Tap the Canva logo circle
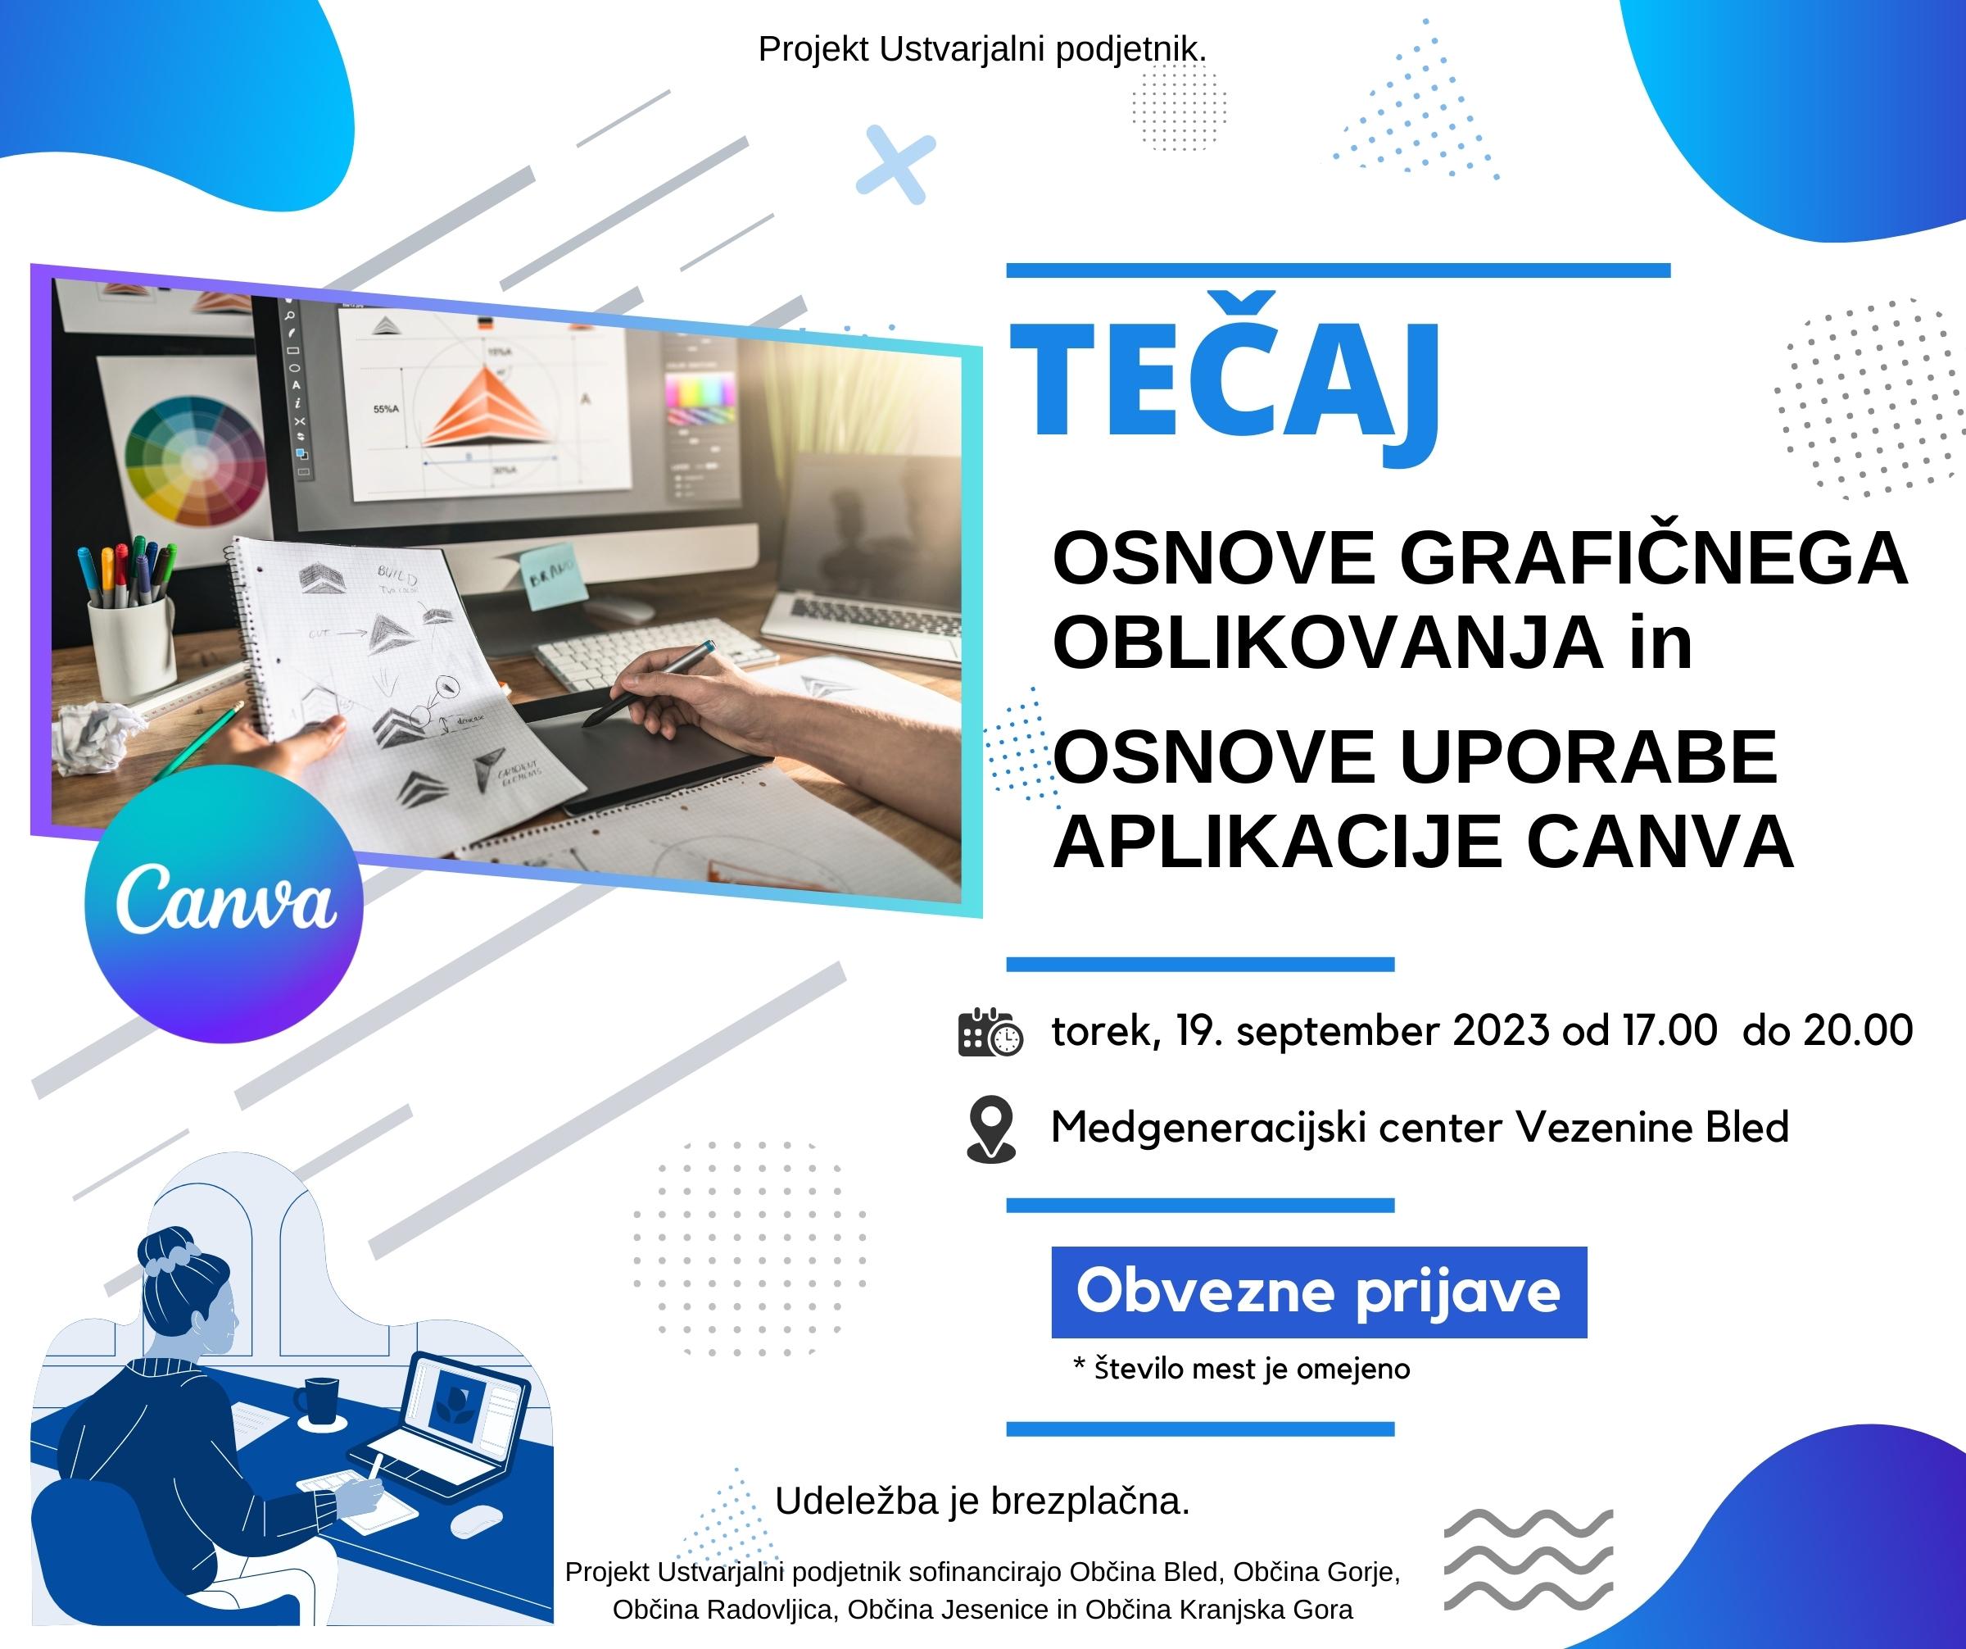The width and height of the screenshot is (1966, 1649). [x=224, y=902]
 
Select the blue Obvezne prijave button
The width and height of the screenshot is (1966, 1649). [x=1319, y=1292]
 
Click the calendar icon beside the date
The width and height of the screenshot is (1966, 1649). [x=990, y=1033]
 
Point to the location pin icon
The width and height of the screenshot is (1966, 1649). [x=990, y=1129]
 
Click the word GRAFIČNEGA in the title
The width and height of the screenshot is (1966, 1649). [x=1653, y=558]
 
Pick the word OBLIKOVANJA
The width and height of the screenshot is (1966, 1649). [x=1329, y=643]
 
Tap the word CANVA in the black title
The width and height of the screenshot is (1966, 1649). [x=1660, y=841]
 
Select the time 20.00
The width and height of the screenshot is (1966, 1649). [x=1859, y=1030]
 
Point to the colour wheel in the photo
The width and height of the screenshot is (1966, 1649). [x=196, y=460]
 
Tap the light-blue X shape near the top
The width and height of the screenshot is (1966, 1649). [x=896, y=164]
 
